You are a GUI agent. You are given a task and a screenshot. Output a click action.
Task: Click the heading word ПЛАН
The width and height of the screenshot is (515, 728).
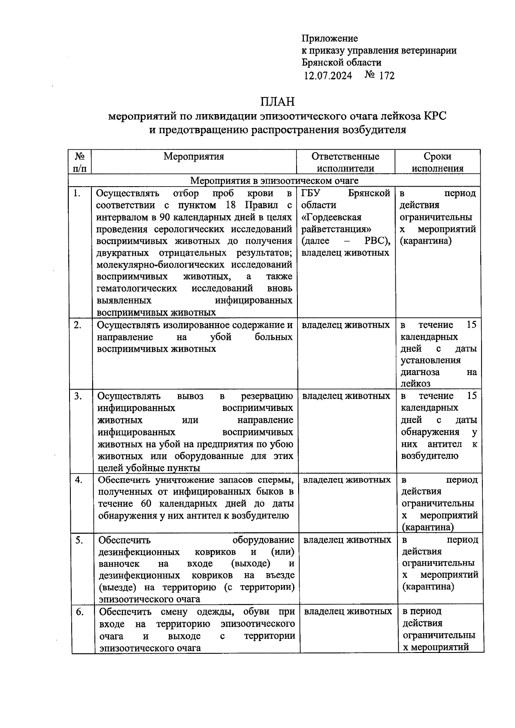[277, 102]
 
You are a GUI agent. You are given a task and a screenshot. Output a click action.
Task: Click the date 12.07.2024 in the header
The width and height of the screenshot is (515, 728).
[328, 76]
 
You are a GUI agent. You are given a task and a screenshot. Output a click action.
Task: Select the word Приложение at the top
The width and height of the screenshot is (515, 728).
[330, 39]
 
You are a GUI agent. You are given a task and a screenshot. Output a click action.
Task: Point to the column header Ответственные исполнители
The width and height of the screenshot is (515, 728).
[345, 162]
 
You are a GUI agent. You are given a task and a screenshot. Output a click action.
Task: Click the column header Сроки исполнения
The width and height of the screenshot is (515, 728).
[437, 162]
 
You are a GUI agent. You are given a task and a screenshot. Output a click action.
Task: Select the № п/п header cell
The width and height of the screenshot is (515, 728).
[80, 162]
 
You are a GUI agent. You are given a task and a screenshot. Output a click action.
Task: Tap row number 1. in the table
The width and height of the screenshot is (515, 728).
[77, 193]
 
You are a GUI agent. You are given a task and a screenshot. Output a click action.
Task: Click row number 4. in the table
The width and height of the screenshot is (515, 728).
[79, 480]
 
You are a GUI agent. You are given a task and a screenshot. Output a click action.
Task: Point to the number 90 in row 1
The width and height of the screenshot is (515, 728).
[164, 217]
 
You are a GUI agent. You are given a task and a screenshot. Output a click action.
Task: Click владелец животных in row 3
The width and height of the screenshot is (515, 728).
[346, 396]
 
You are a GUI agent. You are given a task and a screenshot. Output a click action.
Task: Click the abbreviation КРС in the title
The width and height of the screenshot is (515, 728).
[435, 116]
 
